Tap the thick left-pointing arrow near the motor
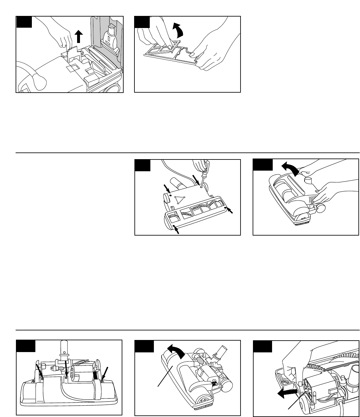point(287,392)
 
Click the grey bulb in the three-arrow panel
point(62,368)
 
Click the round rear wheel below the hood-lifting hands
point(320,208)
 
